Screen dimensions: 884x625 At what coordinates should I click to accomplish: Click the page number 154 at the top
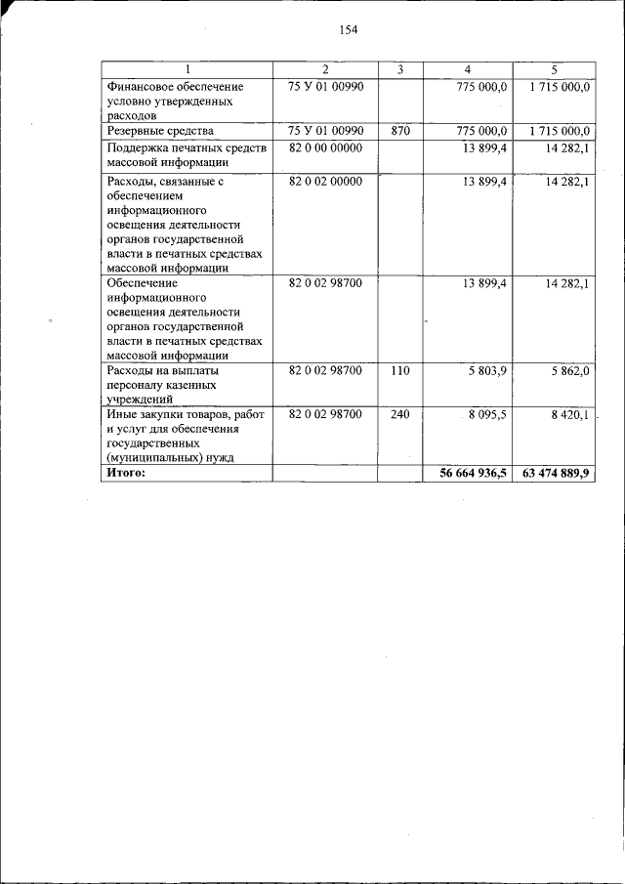(349, 29)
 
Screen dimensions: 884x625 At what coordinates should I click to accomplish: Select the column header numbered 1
(187, 69)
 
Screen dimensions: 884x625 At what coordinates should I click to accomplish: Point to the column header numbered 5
(554, 69)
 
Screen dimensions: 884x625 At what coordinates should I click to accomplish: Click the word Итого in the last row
(126, 473)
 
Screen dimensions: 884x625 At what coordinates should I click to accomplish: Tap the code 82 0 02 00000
(326, 182)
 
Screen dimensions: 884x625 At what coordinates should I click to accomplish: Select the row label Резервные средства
(160, 130)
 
